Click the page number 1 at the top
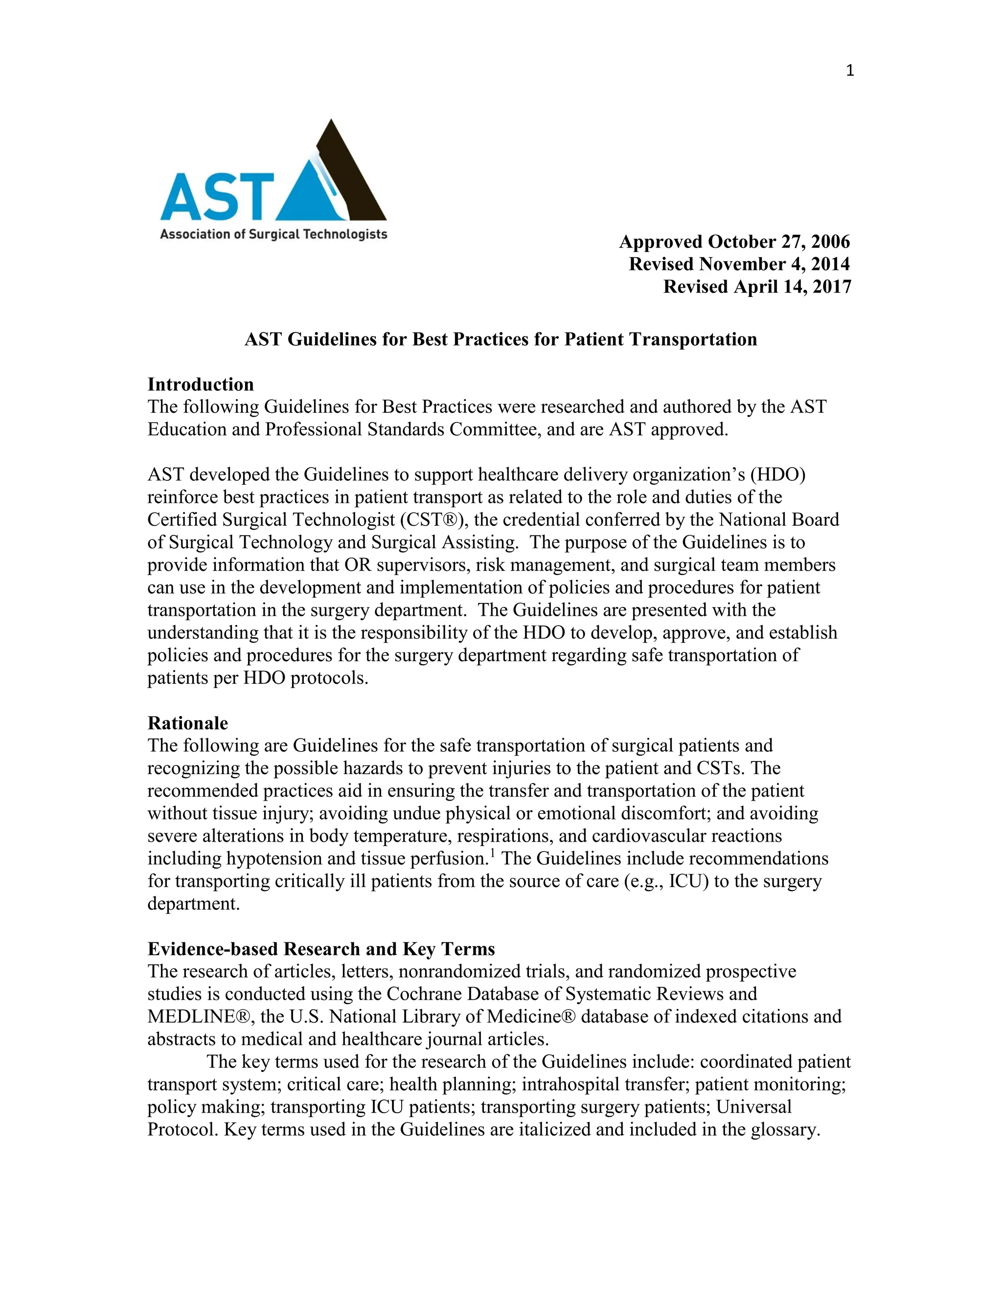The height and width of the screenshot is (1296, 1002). tap(849, 71)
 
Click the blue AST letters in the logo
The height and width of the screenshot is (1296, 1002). tap(217, 197)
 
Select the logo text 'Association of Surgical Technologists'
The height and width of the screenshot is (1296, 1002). tap(273, 234)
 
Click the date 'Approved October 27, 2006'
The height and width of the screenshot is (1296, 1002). tap(734, 242)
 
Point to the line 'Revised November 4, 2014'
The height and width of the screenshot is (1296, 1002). tap(739, 264)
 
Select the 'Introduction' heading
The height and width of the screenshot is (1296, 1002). tap(201, 384)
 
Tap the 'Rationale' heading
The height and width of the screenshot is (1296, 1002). tap(187, 723)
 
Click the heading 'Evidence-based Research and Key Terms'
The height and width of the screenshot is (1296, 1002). tap(321, 949)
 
